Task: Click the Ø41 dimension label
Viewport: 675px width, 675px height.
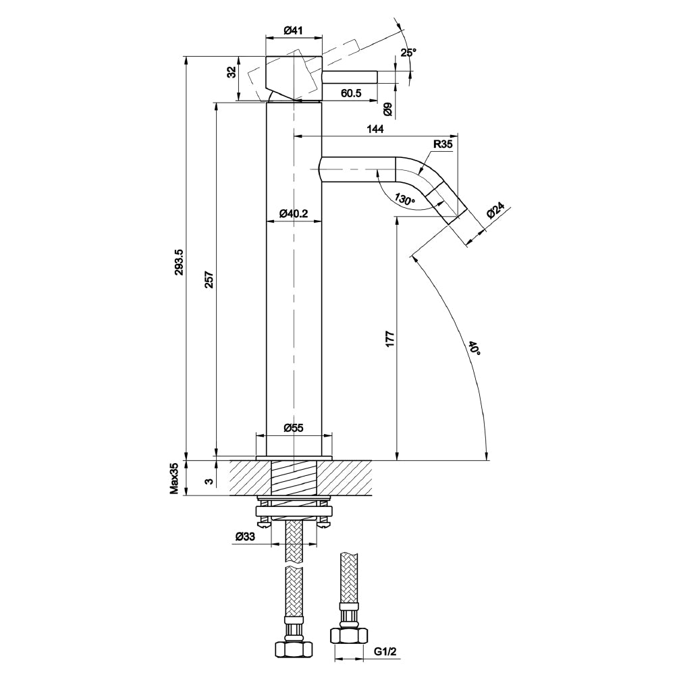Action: tap(294, 30)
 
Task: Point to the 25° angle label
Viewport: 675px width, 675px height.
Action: tap(408, 53)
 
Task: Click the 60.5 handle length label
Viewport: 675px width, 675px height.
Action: tap(351, 93)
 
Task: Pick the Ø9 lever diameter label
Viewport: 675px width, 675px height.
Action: tap(388, 109)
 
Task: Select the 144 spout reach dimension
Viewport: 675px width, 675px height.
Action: tap(375, 128)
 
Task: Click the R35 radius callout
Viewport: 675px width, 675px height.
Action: tap(443, 144)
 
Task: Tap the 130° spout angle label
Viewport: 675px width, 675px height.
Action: tap(405, 199)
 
